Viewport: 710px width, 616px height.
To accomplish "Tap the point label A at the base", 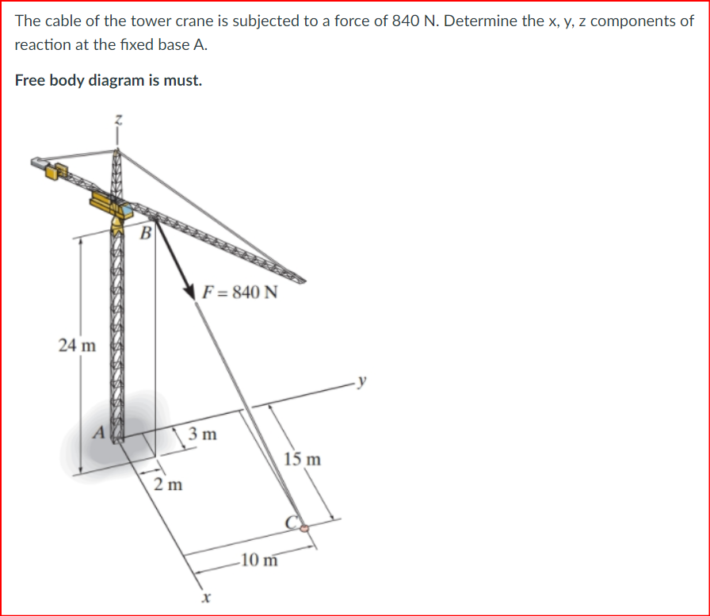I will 100,432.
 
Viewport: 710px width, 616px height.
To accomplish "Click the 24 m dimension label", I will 77,345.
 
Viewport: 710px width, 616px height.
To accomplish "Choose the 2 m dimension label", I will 168,484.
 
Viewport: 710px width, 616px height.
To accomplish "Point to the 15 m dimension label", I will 303,459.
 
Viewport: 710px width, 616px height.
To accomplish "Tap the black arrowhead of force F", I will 190,290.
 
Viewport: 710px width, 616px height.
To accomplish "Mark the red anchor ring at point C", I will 302,524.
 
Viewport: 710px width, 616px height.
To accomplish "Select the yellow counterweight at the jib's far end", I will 57,170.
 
